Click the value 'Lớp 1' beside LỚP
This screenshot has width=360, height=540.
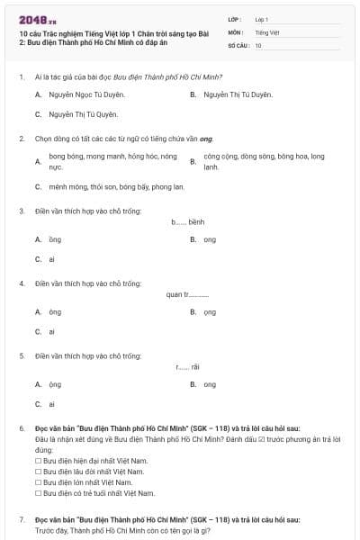[x=262, y=19]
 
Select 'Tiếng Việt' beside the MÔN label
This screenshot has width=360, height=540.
[x=267, y=31]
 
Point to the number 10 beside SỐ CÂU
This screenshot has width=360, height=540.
[x=258, y=44]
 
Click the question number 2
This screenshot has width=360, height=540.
[x=21, y=139]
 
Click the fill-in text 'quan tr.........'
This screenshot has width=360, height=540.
[x=187, y=294]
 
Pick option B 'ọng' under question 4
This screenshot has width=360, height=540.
[x=209, y=312]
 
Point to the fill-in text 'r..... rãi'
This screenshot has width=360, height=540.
[x=188, y=366]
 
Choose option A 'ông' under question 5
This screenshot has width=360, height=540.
[x=55, y=384]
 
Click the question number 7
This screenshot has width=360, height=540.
[x=21, y=520]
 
